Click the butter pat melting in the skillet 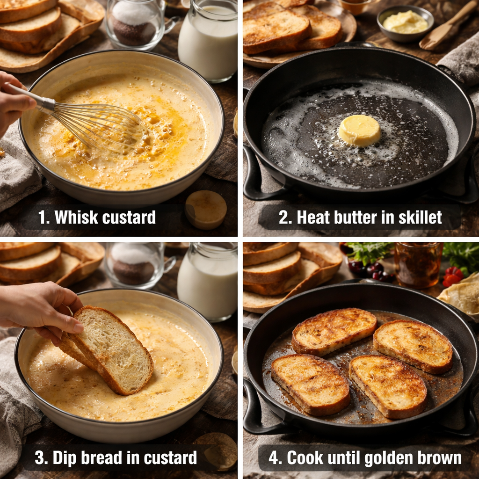point(359,131)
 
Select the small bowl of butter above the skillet point(405,23)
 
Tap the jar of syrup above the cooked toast point(417,265)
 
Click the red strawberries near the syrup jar point(452,276)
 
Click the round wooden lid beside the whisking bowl point(206,209)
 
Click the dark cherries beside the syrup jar point(370,271)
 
